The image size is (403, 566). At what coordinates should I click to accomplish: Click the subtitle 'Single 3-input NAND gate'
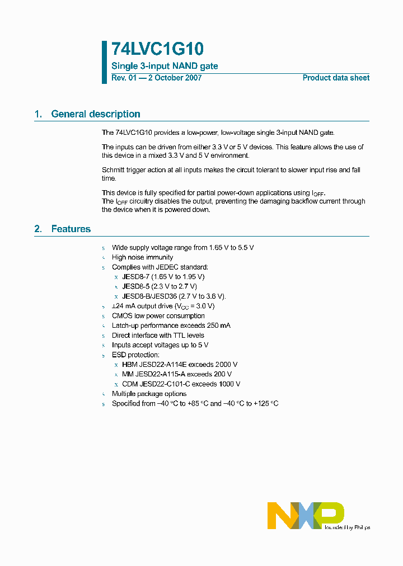pos(165,66)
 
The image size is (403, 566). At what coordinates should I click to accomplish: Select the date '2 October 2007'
pos(175,78)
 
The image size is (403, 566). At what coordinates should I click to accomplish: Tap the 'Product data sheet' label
pos(336,78)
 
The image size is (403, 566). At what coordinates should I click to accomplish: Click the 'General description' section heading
pos(95,114)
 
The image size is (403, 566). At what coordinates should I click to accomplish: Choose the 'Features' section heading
pos(71,229)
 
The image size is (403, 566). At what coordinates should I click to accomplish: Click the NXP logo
pos(306,515)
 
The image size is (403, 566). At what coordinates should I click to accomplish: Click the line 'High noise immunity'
pos(142,257)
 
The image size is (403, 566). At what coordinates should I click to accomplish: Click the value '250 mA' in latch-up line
pos(218,326)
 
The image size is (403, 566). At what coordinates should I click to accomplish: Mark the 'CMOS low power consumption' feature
pos(158,316)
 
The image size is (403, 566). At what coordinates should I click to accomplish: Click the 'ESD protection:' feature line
pos(135,355)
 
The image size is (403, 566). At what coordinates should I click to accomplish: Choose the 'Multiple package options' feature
pos(149,394)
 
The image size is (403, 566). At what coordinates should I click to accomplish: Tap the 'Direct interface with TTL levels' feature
pos(158,336)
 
